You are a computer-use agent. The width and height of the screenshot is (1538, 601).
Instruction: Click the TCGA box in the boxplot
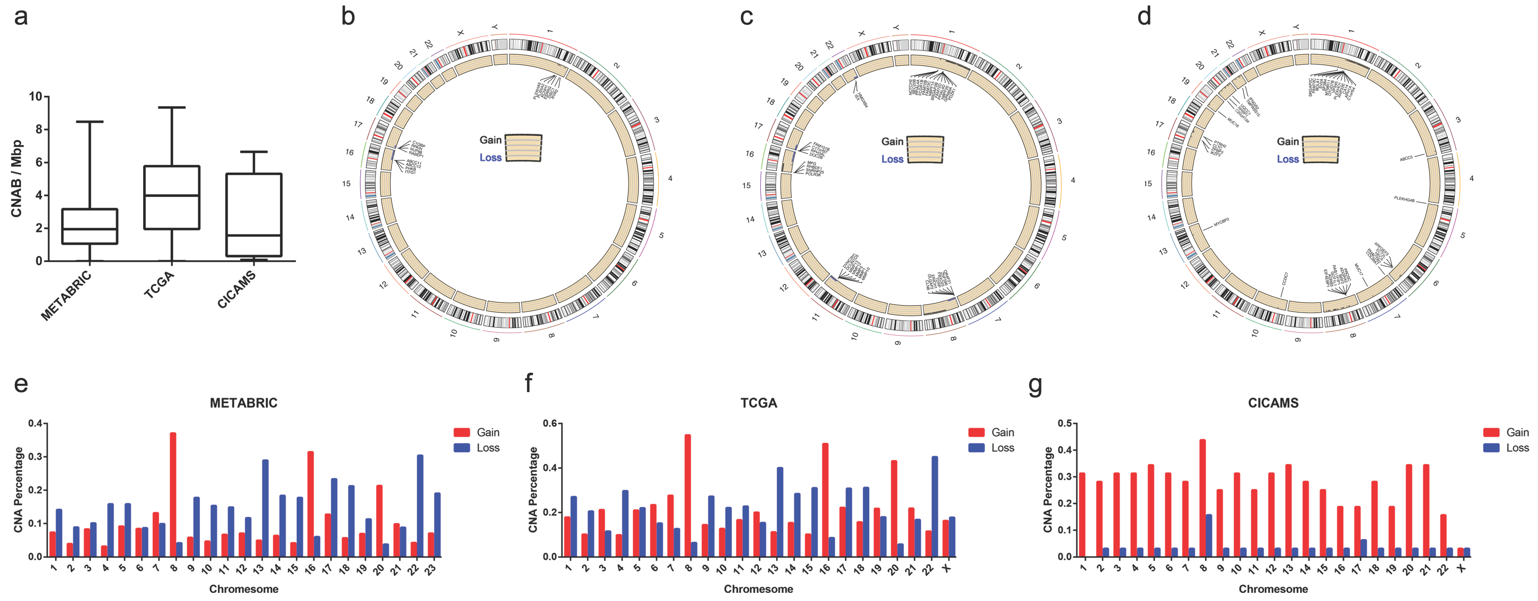172,197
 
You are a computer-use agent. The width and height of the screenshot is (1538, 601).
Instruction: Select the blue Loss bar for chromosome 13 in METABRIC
265,508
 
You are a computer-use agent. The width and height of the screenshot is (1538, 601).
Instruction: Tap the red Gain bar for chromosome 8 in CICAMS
1203,498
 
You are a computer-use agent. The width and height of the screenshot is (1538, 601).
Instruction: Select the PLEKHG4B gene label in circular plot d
1404,199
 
